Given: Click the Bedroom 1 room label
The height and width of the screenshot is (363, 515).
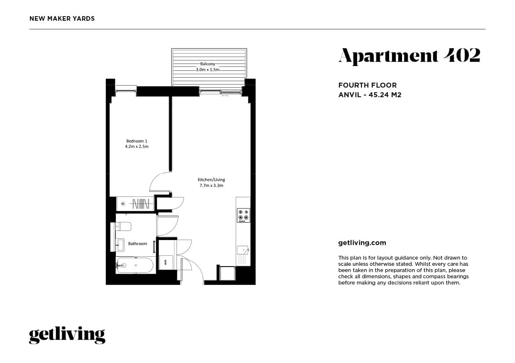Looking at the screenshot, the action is (137, 141).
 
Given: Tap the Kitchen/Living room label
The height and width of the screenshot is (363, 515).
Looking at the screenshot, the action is (211, 180).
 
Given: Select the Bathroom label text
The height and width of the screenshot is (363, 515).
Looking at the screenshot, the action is (137, 244).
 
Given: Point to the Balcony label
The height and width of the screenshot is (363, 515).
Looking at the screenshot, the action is (208, 64).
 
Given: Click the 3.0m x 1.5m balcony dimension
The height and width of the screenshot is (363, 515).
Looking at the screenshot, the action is (208, 69).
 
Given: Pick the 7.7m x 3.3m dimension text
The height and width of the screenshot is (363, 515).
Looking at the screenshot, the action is (211, 186).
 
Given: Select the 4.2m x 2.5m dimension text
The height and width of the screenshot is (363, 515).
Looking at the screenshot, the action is (137, 147).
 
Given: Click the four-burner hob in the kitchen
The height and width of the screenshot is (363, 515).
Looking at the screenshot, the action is (243, 215).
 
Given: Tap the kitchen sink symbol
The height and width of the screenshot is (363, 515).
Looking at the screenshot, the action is (243, 250).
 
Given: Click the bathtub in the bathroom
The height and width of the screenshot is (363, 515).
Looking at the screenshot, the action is (135, 265).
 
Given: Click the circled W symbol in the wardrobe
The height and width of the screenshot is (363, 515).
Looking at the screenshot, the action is (123, 204).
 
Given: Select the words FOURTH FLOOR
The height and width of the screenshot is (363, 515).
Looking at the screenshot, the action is (368, 85).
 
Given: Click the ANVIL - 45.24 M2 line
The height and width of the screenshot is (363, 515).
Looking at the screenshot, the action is (370, 95).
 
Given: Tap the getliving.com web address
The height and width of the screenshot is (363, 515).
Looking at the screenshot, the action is (362, 243).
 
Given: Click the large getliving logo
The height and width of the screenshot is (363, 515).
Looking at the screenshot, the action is (67, 335).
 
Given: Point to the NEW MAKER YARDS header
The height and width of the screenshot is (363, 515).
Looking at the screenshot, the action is (62, 19).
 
